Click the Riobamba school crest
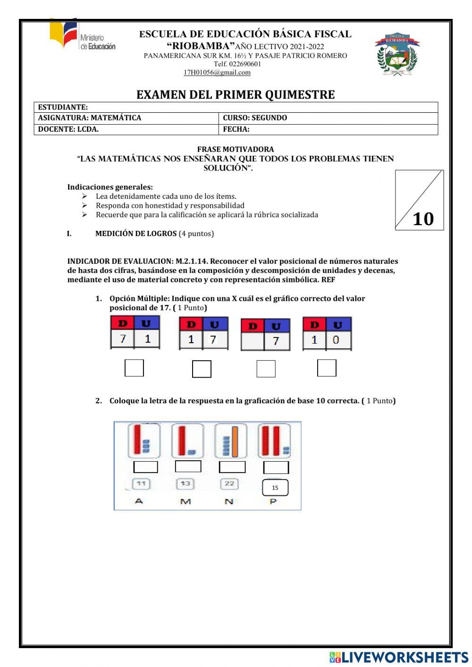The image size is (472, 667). point(397,55)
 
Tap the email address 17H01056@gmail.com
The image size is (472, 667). point(217,73)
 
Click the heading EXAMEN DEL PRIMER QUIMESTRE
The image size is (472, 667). point(236,95)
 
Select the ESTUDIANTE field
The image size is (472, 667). point(236,107)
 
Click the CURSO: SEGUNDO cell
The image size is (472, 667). point(328,118)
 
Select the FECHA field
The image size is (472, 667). point(328,129)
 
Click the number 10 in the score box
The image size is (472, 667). point(423,219)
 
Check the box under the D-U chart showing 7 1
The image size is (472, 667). point(134,368)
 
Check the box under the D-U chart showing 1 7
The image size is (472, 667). point(202,369)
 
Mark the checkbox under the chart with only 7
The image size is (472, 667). point(266,369)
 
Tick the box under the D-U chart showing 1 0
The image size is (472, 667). point(327,368)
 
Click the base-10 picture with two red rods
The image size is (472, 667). point(274,441)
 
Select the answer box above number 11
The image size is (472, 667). point(145,467)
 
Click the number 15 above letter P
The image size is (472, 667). point(275,488)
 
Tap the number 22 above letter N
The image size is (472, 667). point(229,484)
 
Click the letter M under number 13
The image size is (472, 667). point(185,501)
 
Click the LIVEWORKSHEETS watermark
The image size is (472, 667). point(399,657)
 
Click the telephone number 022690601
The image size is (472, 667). point(237,64)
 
